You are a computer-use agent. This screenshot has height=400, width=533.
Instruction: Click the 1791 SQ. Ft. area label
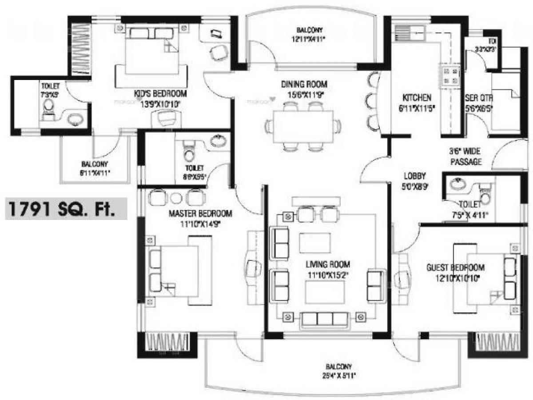66,209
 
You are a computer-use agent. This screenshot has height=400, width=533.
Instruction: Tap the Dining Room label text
304,84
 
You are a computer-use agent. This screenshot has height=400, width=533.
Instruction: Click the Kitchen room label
416,97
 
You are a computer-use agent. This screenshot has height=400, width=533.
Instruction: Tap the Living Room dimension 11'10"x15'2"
327,275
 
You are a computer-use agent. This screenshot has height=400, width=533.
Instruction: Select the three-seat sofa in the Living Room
324,318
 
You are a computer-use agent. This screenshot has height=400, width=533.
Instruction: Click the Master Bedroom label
200,214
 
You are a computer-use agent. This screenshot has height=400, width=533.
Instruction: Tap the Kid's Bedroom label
160,94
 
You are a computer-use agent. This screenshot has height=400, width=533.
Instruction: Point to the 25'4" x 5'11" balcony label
338,367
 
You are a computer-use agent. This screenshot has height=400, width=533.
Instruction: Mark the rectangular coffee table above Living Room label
314,243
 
